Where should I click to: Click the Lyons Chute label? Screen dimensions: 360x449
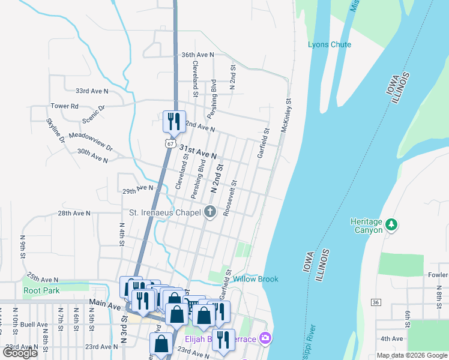pyautogui.click(x=329, y=44)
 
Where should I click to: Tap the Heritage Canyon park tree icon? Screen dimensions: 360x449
pyautogui.click(x=391, y=224)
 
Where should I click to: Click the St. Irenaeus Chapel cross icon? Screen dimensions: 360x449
pyautogui.click(x=210, y=211)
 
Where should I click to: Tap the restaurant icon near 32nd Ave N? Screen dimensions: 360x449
pyautogui.click(x=172, y=121)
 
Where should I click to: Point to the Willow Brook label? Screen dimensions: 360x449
pyautogui.click(x=256, y=279)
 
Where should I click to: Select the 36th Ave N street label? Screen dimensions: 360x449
pyautogui.click(x=197, y=55)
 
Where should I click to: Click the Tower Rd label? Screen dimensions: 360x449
pyautogui.click(x=64, y=106)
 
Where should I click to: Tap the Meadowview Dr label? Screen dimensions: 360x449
pyautogui.click(x=91, y=141)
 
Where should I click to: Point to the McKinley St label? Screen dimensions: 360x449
pyautogui.click(x=287, y=117)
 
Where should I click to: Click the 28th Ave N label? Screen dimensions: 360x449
pyautogui.click(x=74, y=213)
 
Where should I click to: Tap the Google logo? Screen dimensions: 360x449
pyautogui.click(x=20, y=353)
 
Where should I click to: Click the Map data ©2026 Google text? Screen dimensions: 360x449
pyautogui.click(x=411, y=355)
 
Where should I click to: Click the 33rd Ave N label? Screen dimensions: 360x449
pyautogui.click(x=92, y=91)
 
